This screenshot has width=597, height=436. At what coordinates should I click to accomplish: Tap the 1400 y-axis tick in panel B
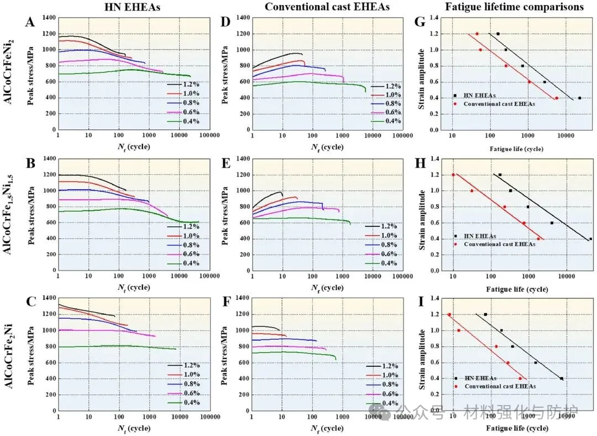(x=48, y=159)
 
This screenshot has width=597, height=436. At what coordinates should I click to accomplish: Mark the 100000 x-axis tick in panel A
(x=210, y=135)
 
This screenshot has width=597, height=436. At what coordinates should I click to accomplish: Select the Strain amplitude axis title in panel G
(x=423, y=74)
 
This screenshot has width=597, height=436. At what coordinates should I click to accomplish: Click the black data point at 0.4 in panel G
(x=579, y=98)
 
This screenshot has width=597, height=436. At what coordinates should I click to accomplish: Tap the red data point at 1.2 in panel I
(x=449, y=314)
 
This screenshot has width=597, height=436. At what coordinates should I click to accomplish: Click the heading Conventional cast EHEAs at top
(x=327, y=7)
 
